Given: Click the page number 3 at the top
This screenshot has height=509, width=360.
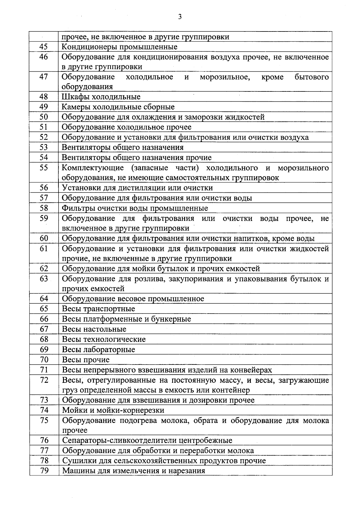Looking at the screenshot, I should click(180, 17).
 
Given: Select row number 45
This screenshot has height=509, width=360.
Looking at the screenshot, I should click(44, 47).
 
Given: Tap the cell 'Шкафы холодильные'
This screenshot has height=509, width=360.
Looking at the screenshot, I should click(101, 97).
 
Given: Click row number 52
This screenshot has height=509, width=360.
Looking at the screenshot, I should click(44, 137).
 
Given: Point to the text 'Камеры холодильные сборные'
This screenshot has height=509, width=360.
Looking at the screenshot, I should click(118, 107).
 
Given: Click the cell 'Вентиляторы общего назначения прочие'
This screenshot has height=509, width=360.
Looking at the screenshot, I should click(136, 157).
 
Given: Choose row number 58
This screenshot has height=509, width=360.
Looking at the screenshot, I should click(44, 208).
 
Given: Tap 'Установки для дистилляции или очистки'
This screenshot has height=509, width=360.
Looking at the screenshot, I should click(137, 188).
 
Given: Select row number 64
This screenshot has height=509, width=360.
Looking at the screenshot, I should click(44, 299).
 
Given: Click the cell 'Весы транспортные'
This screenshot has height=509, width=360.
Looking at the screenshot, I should click(98, 309).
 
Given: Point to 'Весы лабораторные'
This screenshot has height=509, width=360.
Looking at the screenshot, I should click(98, 350).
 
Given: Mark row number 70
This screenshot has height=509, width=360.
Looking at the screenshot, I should click(44, 360).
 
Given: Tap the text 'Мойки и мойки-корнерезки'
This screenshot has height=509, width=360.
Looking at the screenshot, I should click(113, 410).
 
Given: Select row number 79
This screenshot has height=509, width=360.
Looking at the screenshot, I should click(44, 471).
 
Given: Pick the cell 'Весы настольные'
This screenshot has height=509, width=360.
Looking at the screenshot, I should click(94, 329).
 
